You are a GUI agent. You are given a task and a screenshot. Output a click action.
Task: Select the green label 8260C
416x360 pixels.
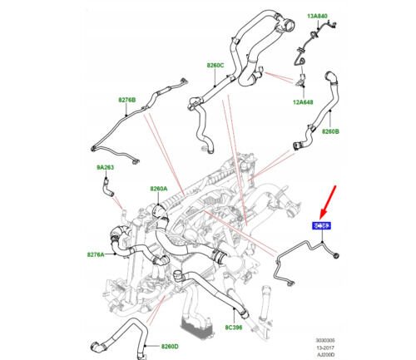pyautogui.click(x=217, y=64)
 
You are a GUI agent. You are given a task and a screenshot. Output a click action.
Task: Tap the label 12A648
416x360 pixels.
pyautogui.click(x=304, y=103)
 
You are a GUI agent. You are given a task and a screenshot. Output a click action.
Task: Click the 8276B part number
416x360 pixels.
pyautogui.click(x=127, y=100)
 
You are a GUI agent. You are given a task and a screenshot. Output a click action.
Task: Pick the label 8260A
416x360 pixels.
pyautogui.click(x=158, y=189)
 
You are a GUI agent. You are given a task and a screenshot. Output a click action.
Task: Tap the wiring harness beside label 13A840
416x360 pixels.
pyautogui.click(x=313, y=37)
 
